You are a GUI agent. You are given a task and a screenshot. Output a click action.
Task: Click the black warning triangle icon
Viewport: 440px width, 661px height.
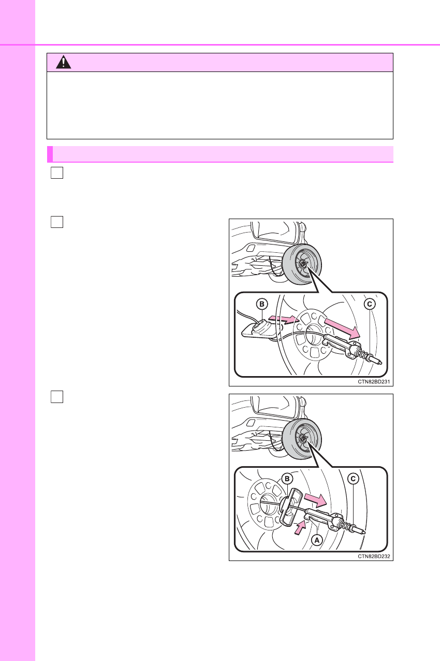[x=63, y=62]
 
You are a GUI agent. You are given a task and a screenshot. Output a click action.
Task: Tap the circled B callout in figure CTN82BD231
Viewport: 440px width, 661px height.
[x=262, y=304]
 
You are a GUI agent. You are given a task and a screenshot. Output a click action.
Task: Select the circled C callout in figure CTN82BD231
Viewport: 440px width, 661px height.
[x=370, y=304]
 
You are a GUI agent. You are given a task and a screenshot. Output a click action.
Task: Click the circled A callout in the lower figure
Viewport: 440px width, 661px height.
[x=317, y=540]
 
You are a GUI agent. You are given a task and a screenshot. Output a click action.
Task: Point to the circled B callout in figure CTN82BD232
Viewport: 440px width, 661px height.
[x=287, y=479]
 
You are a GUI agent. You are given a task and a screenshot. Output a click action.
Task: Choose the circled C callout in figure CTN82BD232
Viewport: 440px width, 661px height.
[x=353, y=479]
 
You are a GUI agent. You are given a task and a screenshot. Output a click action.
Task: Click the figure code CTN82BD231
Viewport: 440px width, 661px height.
[x=374, y=382]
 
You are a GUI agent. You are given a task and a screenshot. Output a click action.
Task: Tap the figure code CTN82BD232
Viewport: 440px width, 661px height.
[x=374, y=556]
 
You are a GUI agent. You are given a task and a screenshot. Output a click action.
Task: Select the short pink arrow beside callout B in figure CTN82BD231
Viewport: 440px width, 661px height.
[x=283, y=319]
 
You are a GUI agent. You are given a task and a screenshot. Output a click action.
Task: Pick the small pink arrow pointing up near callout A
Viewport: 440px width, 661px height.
[x=301, y=528]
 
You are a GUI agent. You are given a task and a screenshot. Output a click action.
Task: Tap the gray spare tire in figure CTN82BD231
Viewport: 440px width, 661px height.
[x=302, y=264]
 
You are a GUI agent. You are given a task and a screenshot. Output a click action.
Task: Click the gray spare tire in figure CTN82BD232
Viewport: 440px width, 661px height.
[x=302, y=439]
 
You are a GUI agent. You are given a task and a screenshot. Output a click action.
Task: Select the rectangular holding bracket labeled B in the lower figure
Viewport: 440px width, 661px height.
[x=290, y=507]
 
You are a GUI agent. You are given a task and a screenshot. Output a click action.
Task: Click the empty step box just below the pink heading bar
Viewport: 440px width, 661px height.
[x=57, y=173]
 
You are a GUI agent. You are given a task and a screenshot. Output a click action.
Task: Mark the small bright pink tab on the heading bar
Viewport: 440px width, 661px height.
[x=50, y=154]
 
